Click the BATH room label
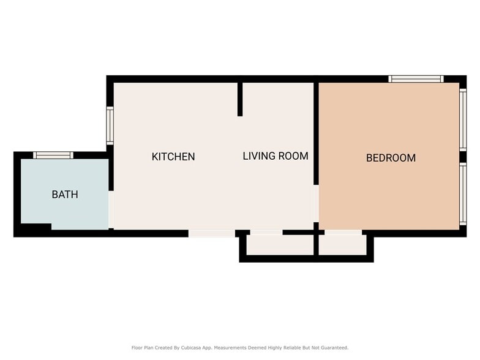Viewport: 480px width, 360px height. (x=65, y=195)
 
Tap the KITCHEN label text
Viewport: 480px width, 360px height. (x=173, y=157)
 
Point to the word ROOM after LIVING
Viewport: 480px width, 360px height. (x=293, y=156)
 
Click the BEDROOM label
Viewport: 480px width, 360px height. (x=391, y=158)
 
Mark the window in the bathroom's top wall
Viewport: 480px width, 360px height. (x=53, y=155)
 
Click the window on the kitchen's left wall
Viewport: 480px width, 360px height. (x=110, y=126)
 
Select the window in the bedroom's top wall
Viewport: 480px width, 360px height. (x=416, y=79)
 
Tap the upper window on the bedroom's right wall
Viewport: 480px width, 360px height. (x=463, y=119)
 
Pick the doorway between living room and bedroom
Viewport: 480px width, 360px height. (x=316, y=203)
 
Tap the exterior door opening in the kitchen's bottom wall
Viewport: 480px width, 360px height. (x=211, y=233)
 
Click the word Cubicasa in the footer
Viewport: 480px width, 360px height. (x=193, y=348)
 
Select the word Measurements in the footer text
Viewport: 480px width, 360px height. (x=233, y=348)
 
